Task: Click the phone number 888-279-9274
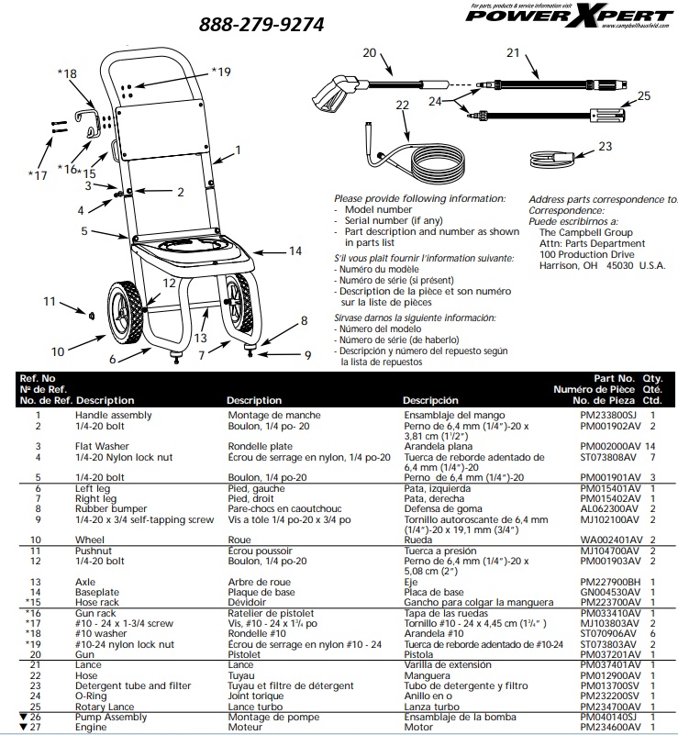pyautogui.click(x=261, y=25)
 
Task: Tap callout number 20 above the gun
pyautogui.click(x=369, y=53)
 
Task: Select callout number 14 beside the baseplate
pyautogui.click(x=295, y=251)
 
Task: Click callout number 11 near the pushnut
pyautogui.click(x=51, y=301)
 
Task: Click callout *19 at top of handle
pyautogui.click(x=221, y=72)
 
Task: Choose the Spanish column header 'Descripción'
pyautogui.click(x=429, y=401)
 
